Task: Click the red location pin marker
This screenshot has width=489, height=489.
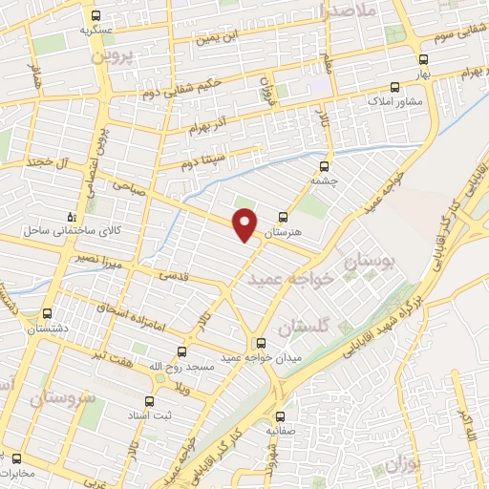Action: pyautogui.click(x=246, y=223)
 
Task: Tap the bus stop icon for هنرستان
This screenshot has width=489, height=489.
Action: pyautogui.click(x=282, y=217)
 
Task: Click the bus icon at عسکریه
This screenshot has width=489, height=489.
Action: pyautogui.click(x=96, y=15)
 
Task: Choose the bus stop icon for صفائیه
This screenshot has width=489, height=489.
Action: pyautogui.click(x=280, y=416)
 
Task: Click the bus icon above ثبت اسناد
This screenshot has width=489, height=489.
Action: pyautogui.click(x=148, y=402)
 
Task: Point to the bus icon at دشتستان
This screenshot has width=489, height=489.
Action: pyautogui.click(x=48, y=313)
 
